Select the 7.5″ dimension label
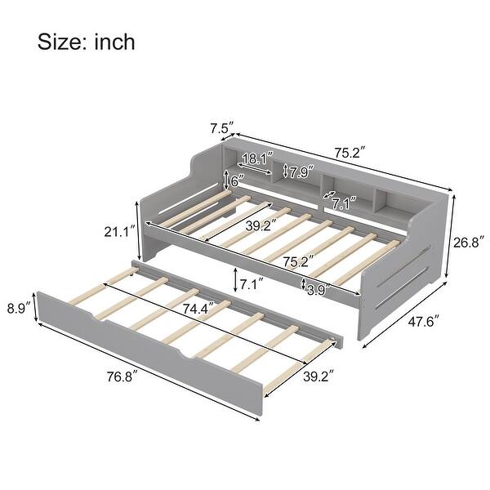tap(221, 129)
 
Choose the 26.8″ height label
tap(469, 243)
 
